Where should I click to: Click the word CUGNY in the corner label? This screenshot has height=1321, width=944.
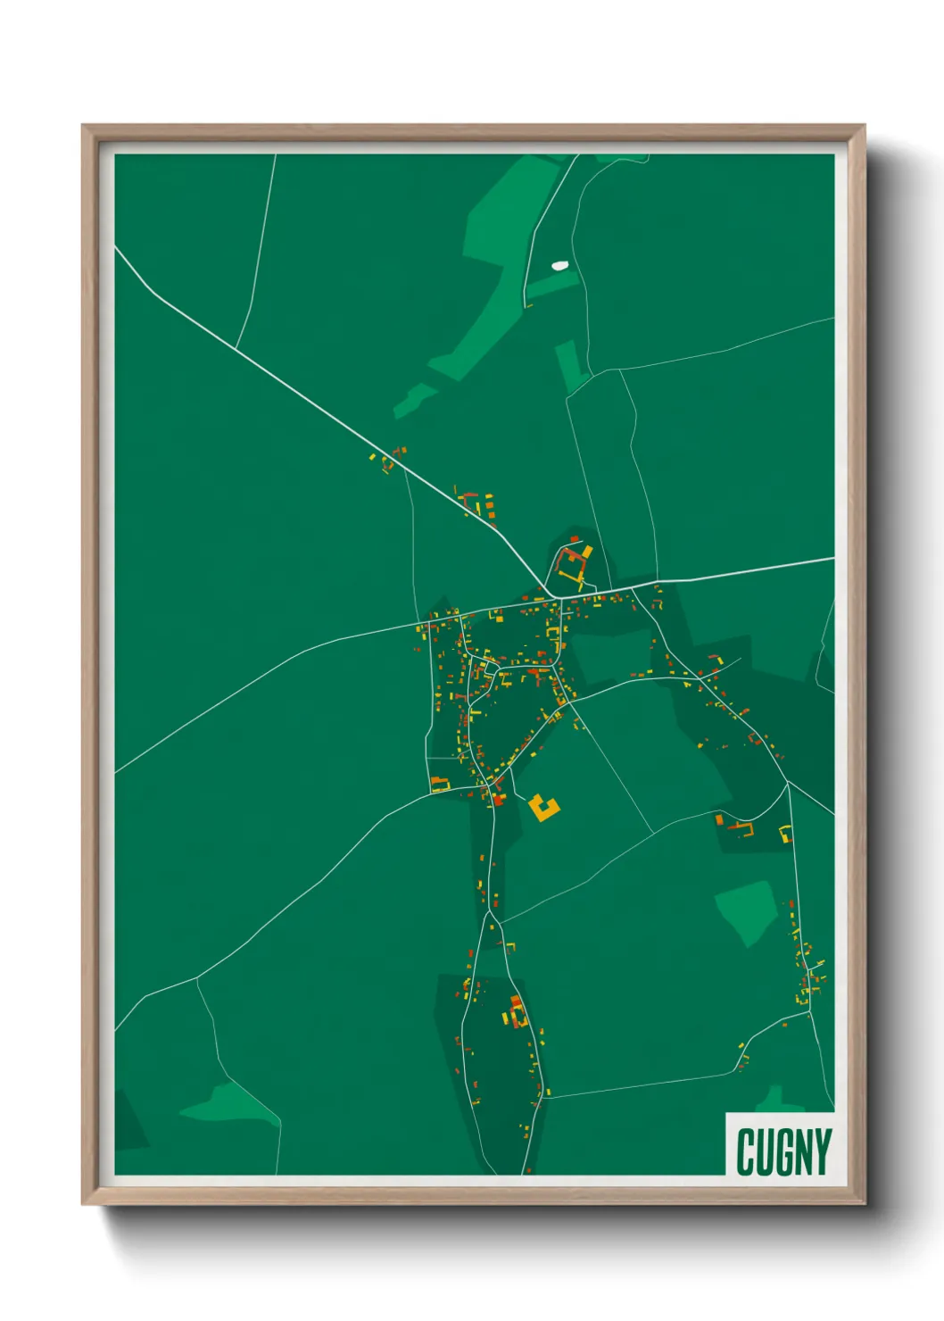click(783, 1151)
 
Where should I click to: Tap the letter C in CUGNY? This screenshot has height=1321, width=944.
click(746, 1151)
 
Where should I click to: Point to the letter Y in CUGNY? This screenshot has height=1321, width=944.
click(822, 1151)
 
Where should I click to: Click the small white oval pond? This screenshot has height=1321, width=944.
click(559, 265)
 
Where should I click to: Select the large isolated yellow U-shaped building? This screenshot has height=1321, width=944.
click(542, 808)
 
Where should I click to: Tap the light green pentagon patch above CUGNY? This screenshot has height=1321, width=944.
click(747, 910)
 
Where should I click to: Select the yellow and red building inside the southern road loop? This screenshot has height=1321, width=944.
click(517, 1013)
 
